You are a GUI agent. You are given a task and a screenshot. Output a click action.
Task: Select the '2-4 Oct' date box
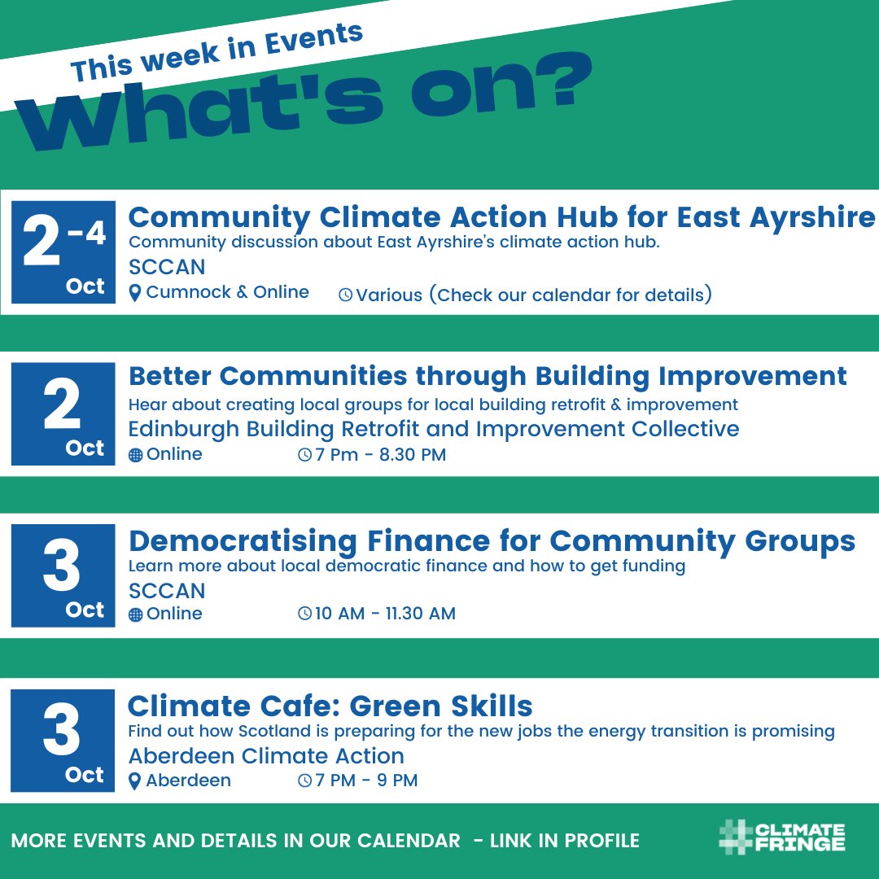click(63, 252)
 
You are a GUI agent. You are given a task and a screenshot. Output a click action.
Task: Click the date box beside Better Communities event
click(63, 414)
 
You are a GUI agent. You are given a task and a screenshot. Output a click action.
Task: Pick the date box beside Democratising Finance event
click(63, 575)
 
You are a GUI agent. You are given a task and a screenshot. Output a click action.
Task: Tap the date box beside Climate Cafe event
click(63, 741)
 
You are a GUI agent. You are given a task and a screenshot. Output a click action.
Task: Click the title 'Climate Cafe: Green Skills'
click(330, 706)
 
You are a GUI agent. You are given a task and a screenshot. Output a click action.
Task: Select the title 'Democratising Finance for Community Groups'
click(492, 541)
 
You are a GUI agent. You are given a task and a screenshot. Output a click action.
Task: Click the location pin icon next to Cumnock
click(135, 293)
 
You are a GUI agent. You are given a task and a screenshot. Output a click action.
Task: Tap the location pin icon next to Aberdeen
click(135, 781)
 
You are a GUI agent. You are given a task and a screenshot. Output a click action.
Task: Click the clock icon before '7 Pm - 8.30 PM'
click(305, 456)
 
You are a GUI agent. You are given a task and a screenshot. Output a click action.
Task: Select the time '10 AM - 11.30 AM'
click(385, 614)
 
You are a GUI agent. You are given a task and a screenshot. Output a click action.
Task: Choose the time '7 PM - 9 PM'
click(366, 781)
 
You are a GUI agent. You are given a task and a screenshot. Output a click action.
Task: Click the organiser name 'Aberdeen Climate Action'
click(266, 756)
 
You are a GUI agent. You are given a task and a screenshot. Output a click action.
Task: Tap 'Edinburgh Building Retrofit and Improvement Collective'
click(434, 429)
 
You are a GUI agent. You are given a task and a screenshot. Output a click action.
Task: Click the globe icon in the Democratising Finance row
click(135, 614)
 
